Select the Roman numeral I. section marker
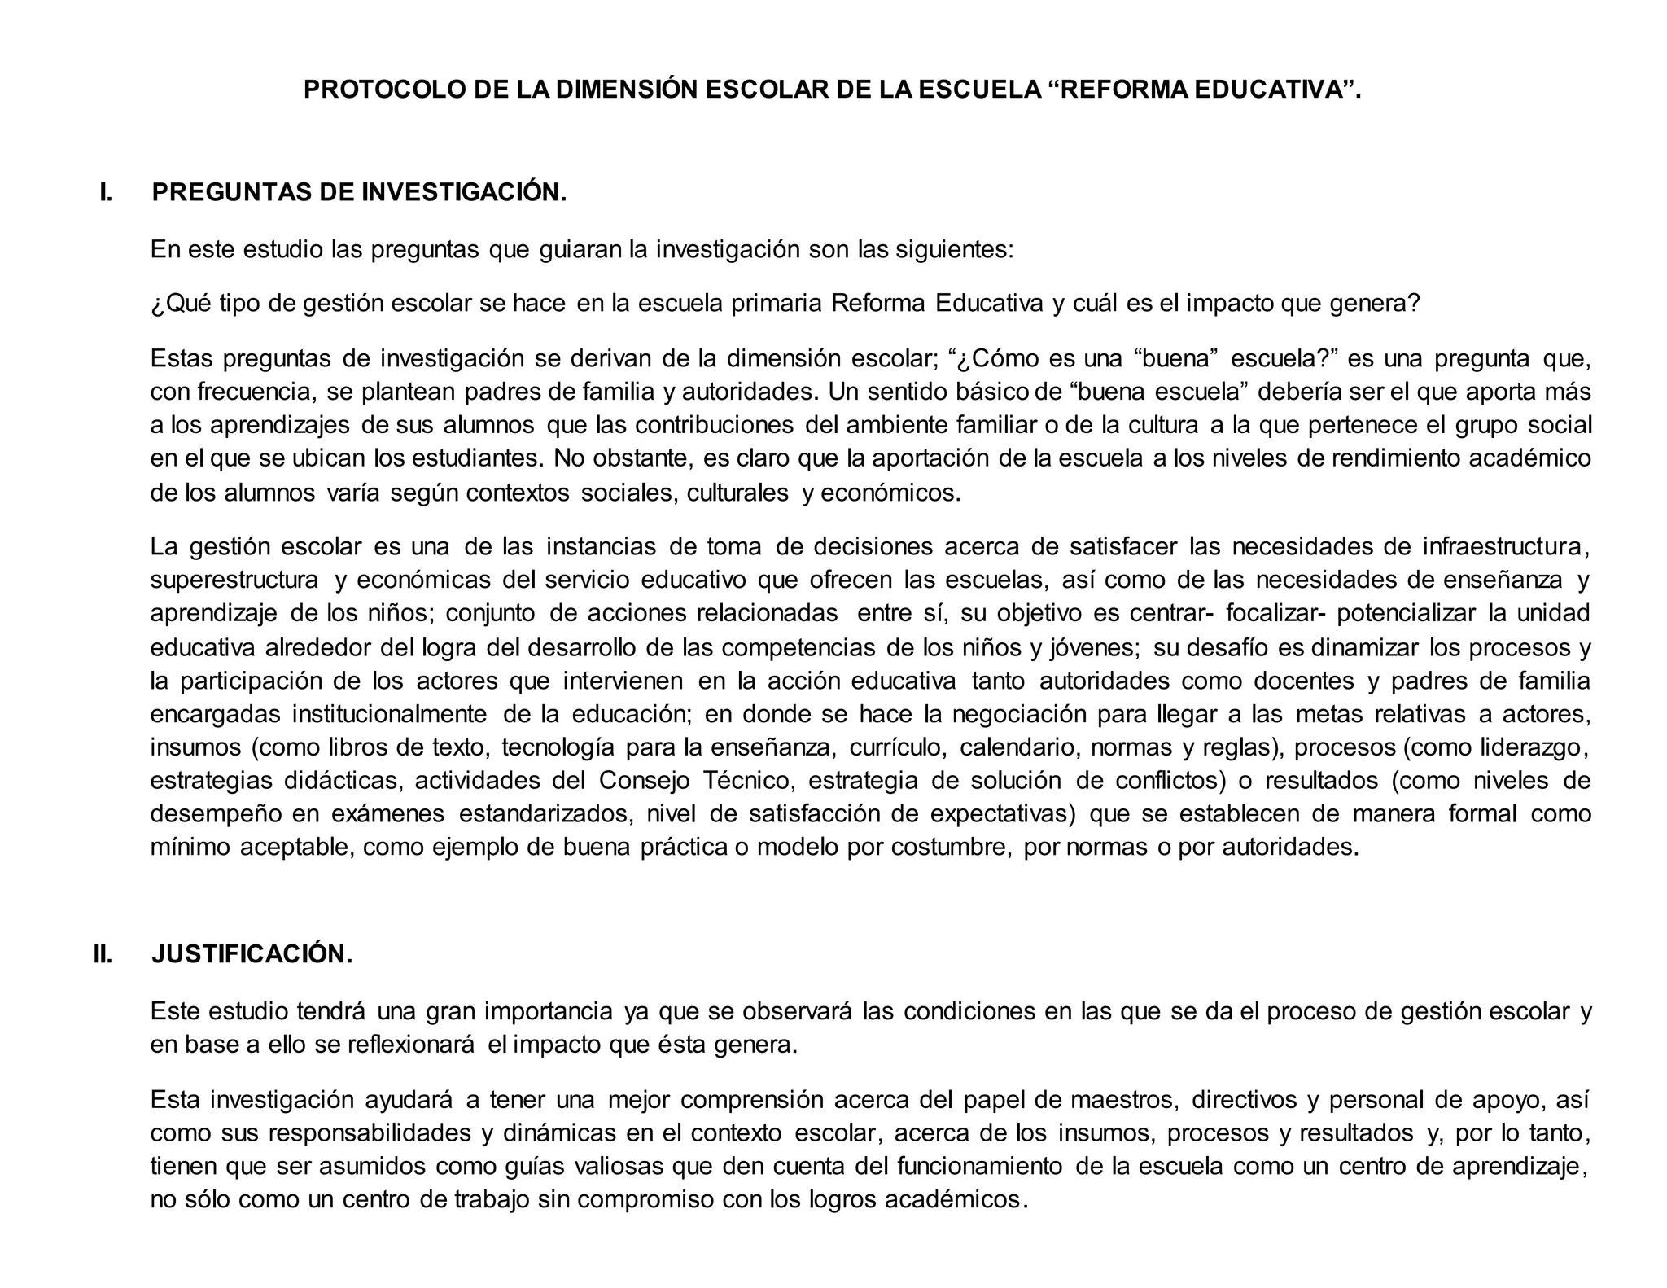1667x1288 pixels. tap(106, 193)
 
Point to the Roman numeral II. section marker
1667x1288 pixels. tap(103, 954)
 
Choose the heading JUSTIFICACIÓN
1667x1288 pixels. tap(252, 954)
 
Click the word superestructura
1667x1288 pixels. tap(234, 580)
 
